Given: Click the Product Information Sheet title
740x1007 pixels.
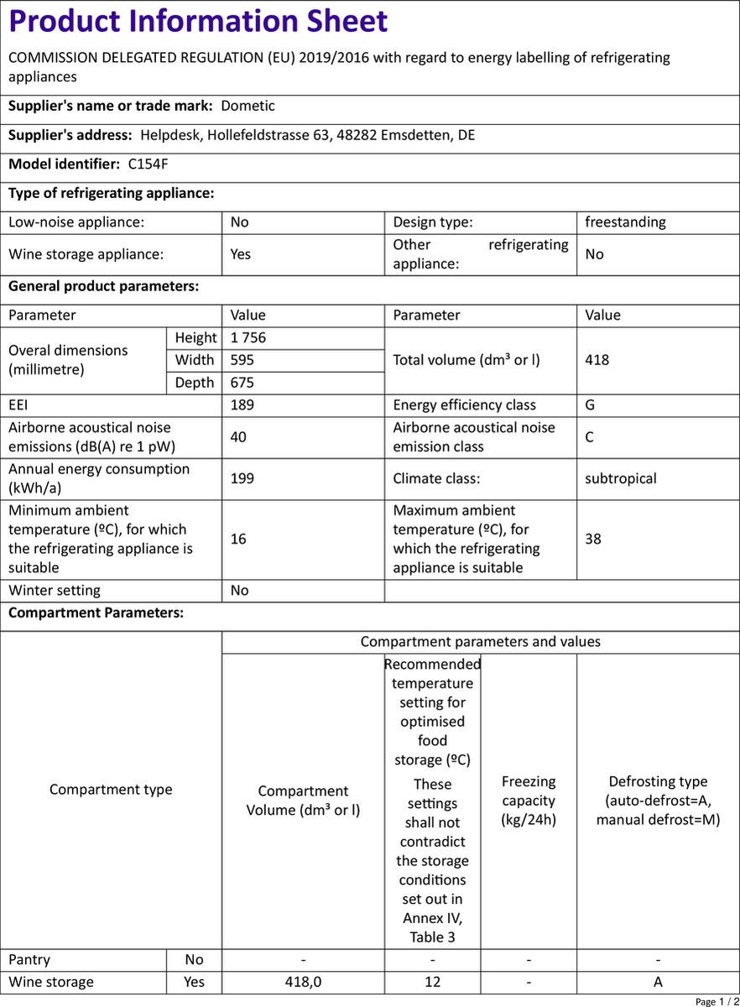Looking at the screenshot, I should coord(198,22).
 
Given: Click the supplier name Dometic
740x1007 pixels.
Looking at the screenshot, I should coord(248,106).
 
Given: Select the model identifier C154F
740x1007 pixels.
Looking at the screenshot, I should coord(148,164).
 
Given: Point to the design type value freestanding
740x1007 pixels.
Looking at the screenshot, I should coord(625,222).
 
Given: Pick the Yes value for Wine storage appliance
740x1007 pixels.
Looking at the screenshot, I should coord(241,253).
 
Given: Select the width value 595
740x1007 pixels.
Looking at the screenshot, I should coord(242,360).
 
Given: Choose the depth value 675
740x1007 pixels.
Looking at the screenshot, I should coord(242,383).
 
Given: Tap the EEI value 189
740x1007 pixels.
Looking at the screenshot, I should coord(242,405).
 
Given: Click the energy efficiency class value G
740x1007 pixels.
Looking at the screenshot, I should coord(591,405).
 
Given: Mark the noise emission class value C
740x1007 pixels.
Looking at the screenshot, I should coord(591,436).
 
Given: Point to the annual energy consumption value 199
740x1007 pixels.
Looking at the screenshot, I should coord(242,478).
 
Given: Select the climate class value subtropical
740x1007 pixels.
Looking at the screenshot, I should coord(621,478).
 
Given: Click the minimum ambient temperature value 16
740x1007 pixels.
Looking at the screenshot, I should coord(238,539).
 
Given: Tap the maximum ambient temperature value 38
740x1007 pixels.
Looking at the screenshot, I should coord(593,539).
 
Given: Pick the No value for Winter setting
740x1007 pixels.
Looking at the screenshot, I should coord(240,591).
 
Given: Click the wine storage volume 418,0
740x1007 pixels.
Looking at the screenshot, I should coord(303,982).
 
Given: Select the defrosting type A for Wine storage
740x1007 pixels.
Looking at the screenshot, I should coord(658,982).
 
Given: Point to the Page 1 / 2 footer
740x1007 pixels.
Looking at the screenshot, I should coord(717,1001).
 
